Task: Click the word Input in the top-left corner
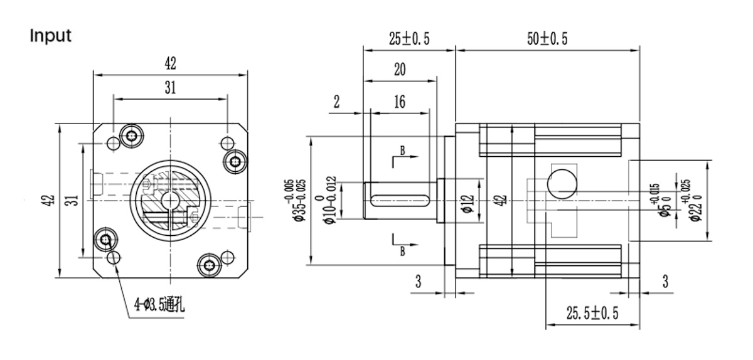point(51,36)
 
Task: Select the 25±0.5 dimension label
point(409,39)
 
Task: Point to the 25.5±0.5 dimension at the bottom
point(592,314)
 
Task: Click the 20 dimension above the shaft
point(399,70)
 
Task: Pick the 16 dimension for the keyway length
point(399,101)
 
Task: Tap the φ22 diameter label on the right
point(695,201)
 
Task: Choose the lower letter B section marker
point(401,251)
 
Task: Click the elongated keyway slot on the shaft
point(399,200)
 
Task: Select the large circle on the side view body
point(561,183)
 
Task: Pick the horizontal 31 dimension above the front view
point(170,89)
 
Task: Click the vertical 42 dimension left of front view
point(51,201)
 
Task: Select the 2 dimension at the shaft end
point(336,102)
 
